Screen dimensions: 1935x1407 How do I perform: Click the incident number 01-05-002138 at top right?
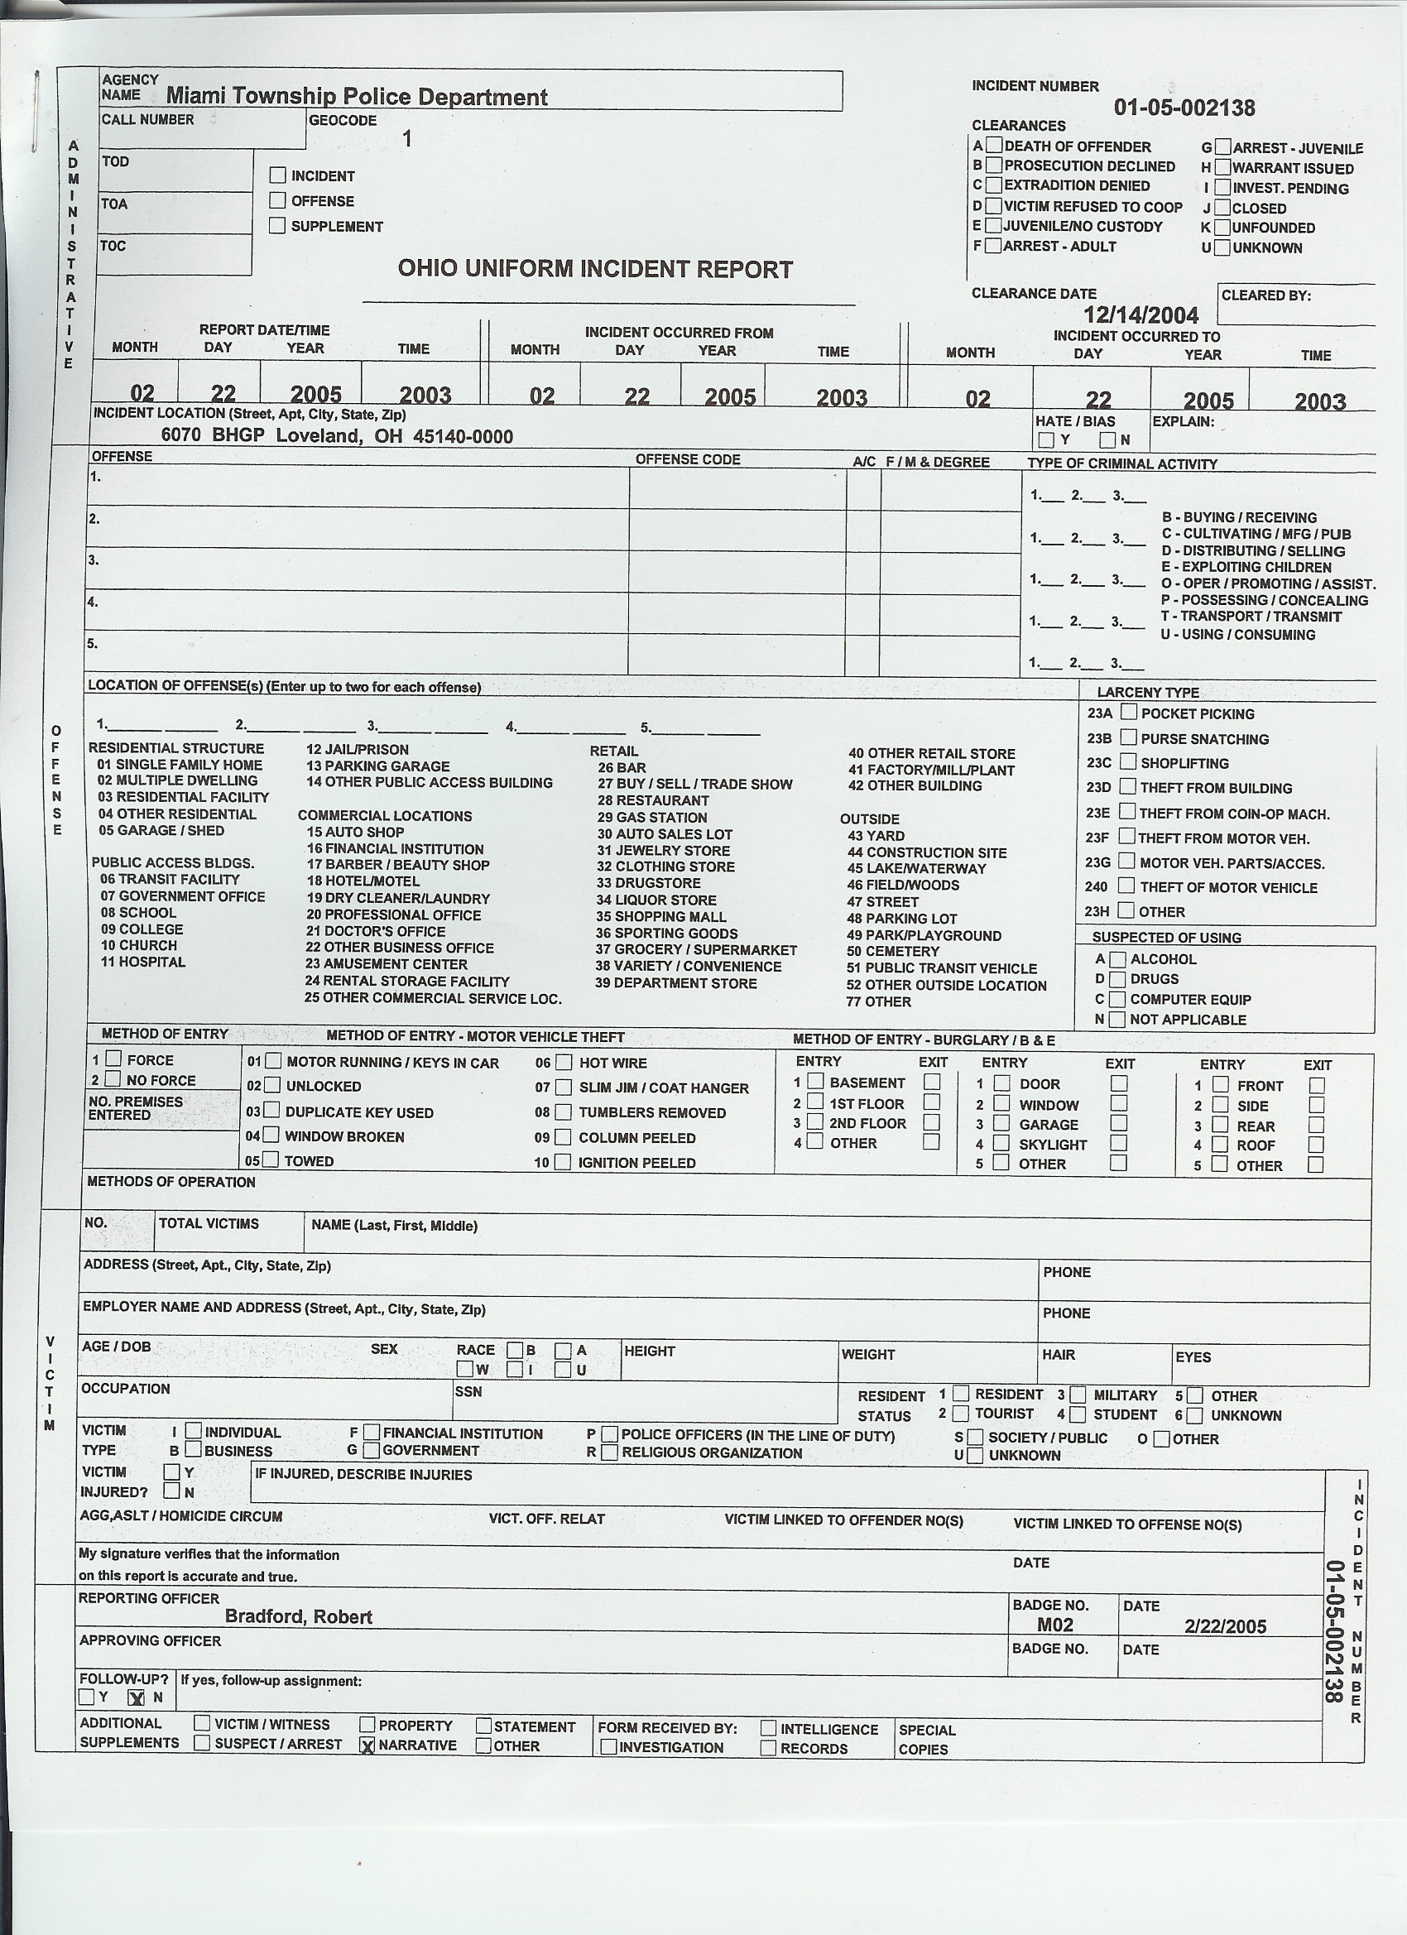pyautogui.click(x=1184, y=108)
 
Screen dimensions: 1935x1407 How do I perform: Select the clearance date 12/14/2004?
pyautogui.click(x=1140, y=314)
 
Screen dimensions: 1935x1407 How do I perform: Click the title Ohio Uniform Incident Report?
pyautogui.click(x=595, y=270)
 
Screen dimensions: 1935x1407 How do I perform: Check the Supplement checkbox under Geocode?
pyautogui.click(x=277, y=225)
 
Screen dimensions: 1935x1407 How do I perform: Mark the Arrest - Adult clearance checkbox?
pyautogui.click(x=993, y=246)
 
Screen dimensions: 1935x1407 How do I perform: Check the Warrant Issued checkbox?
pyautogui.click(x=1222, y=167)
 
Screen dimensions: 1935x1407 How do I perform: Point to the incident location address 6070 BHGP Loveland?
pyautogui.click(x=337, y=436)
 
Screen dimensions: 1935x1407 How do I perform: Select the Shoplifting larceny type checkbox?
pyautogui.click(x=1128, y=761)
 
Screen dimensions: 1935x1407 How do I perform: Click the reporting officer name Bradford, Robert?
pyautogui.click(x=299, y=1616)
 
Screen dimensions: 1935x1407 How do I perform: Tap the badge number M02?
pyautogui.click(x=1055, y=1625)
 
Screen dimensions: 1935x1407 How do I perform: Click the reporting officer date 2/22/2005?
pyautogui.click(x=1225, y=1626)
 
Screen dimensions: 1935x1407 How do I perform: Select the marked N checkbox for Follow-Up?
pyautogui.click(x=136, y=1697)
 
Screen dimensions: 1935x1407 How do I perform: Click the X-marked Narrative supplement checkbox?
pyautogui.click(x=367, y=1745)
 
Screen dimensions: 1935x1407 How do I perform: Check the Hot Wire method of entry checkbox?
pyautogui.click(x=563, y=1062)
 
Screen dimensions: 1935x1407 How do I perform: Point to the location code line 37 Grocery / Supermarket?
pyautogui.click(x=696, y=949)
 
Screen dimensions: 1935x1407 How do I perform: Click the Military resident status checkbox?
pyautogui.click(x=1078, y=1394)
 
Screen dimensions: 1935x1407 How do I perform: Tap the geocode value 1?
pyautogui.click(x=407, y=138)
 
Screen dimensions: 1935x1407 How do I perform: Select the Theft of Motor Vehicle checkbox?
pyautogui.click(x=1127, y=886)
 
